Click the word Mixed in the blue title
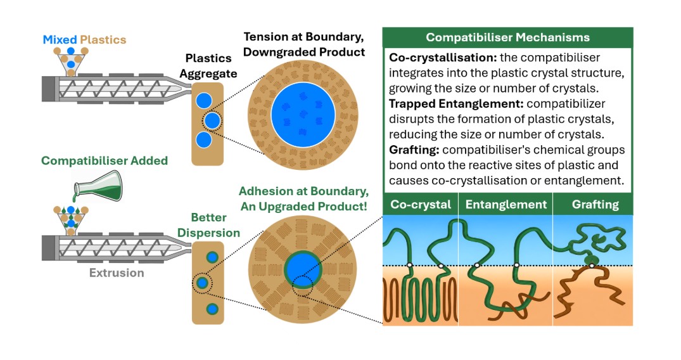(x=60, y=40)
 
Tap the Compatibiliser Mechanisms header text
(x=507, y=37)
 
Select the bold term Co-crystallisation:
(x=443, y=58)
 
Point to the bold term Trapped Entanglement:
(x=456, y=104)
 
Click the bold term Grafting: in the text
(x=414, y=150)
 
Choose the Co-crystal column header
(x=421, y=205)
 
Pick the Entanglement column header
(x=506, y=205)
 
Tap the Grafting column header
(x=595, y=205)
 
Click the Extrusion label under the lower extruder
(x=117, y=273)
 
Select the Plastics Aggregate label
(x=208, y=66)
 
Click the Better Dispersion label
(x=208, y=225)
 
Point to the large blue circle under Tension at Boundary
(x=303, y=115)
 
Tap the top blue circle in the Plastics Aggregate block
(x=204, y=100)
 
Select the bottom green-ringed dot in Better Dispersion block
(x=212, y=309)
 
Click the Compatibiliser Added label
(x=105, y=161)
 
